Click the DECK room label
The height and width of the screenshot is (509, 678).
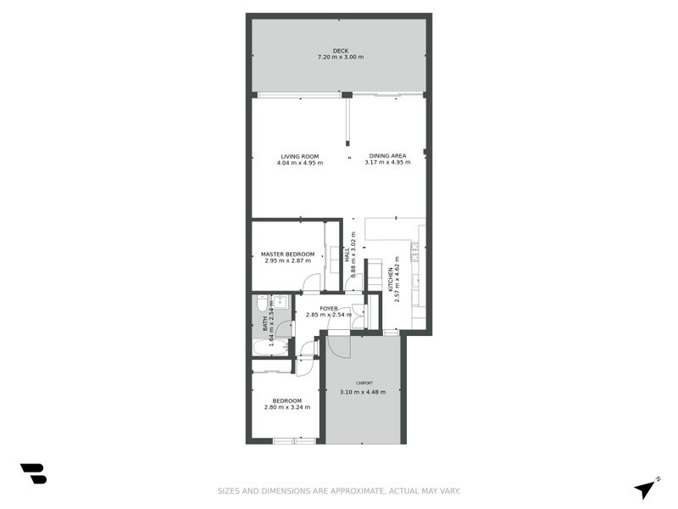[x=340, y=51]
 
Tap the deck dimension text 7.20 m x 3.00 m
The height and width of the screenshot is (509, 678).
[x=340, y=58]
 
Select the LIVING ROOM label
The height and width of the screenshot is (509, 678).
[x=299, y=156]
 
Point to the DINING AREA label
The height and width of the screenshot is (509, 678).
[x=387, y=155]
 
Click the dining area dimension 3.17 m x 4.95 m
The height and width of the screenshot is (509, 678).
[x=387, y=162]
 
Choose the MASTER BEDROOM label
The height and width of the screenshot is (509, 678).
[x=287, y=255]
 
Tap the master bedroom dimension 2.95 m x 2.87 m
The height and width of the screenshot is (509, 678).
[x=287, y=261]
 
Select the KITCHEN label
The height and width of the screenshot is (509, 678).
[x=391, y=279]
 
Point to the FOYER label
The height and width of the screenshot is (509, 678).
[x=329, y=309]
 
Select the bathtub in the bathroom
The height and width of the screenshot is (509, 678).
[x=270, y=347]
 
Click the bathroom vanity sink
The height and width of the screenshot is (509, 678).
[x=281, y=301]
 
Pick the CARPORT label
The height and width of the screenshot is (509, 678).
[x=363, y=383]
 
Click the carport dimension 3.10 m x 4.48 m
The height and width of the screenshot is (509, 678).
[x=363, y=392]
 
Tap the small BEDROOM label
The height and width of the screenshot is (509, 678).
[x=286, y=400]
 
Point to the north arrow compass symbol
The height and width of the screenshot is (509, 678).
[x=646, y=489]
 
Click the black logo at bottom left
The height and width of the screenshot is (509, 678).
[x=33, y=473]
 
